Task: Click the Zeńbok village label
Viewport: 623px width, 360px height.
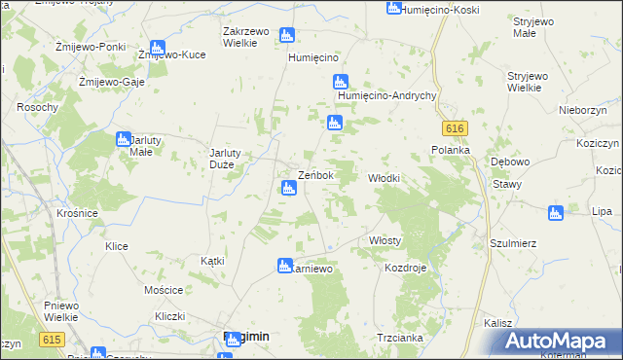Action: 315,175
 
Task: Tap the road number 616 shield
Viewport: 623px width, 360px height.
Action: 454,129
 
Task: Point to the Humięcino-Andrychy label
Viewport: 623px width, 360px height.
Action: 385,96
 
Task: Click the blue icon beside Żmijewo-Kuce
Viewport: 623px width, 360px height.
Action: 158,48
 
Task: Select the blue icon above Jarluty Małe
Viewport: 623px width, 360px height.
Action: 124,138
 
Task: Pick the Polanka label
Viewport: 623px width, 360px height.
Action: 451,150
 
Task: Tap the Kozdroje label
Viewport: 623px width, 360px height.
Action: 406,268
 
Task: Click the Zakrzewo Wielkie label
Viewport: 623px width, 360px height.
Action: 246,37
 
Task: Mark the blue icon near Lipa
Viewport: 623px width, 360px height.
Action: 556,212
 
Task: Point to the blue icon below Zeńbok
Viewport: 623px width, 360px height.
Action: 287,188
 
